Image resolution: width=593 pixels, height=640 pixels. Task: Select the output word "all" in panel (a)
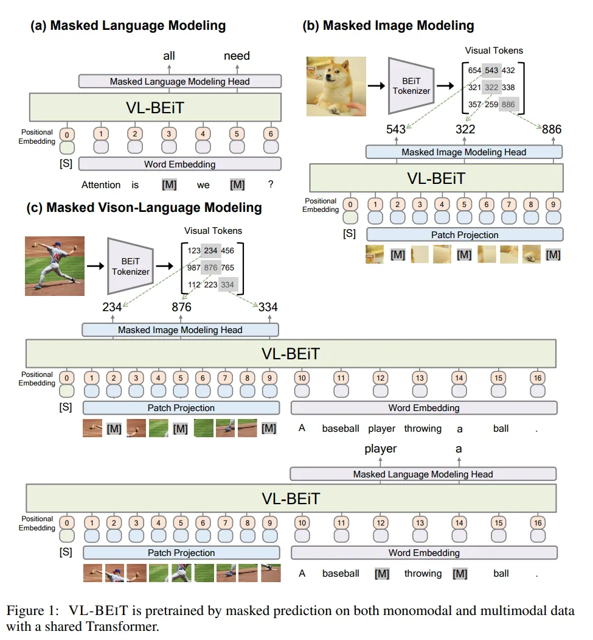[x=169, y=56]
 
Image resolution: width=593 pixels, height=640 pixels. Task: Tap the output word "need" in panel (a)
[x=237, y=56]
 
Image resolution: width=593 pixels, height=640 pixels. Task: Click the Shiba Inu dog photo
[x=336, y=86]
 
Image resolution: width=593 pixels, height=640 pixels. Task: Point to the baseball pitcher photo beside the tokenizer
[x=55, y=266]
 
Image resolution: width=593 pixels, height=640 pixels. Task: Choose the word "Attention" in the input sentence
[x=102, y=185]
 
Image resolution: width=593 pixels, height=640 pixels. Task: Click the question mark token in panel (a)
[x=271, y=185]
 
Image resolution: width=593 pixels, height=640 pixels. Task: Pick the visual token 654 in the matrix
[x=474, y=71]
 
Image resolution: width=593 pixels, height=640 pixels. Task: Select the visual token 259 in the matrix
[x=492, y=105]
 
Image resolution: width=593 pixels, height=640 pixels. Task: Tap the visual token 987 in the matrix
[x=194, y=268]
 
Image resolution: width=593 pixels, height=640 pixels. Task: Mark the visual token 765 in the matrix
[x=228, y=268]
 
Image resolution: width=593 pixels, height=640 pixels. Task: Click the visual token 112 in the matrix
[x=194, y=285]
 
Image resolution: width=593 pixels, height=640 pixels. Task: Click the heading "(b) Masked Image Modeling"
[x=389, y=26]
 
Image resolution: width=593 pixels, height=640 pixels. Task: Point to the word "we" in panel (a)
[x=203, y=185]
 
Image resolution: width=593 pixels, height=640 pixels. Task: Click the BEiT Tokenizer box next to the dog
[x=411, y=86]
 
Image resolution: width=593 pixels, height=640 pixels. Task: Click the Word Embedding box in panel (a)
[x=179, y=164]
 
